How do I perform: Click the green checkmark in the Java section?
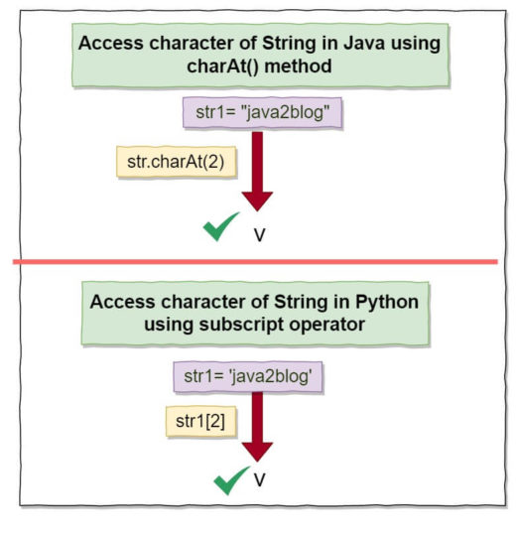point(223,228)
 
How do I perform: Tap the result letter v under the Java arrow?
point(259,235)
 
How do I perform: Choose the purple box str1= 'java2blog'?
point(255,376)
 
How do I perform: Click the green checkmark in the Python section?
point(232,481)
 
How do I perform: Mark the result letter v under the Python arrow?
point(259,480)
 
